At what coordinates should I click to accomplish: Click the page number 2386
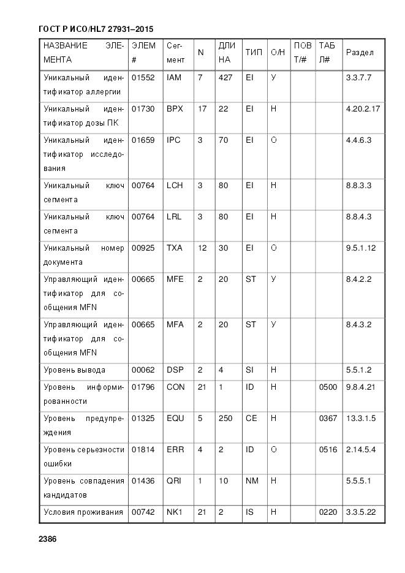click(47, 539)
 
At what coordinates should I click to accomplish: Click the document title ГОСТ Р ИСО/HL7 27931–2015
click(96, 29)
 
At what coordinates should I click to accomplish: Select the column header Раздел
click(360, 53)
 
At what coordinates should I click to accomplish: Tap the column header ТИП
click(254, 53)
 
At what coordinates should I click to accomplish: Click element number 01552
click(143, 78)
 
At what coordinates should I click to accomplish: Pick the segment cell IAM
click(173, 78)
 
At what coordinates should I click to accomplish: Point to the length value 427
click(225, 78)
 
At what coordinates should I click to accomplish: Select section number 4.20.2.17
click(363, 109)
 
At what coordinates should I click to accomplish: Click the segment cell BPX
click(175, 109)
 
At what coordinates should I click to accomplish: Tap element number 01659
click(143, 140)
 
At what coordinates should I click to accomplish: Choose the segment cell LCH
click(175, 185)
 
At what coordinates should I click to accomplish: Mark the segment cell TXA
click(175, 248)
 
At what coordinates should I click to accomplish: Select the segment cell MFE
click(175, 279)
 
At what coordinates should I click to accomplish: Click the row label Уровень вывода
click(74, 370)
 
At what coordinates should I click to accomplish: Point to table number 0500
click(328, 387)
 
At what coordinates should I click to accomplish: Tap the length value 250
click(225, 419)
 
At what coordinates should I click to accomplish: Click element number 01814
click(143, 450)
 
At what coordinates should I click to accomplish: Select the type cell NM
click(252, 481)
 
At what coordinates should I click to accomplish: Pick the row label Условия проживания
click(83, 512)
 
